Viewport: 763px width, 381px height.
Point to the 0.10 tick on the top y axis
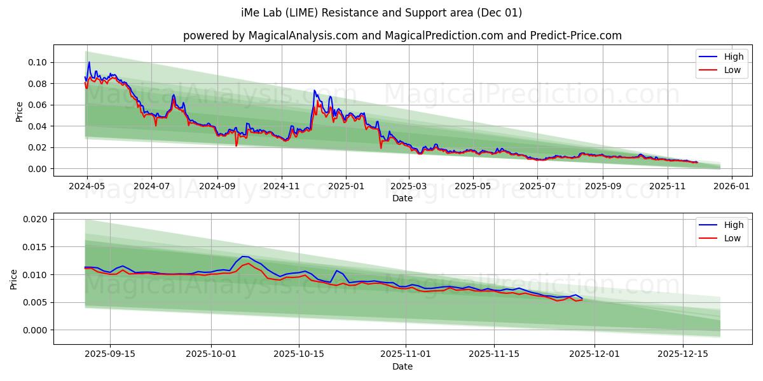coord(38,62)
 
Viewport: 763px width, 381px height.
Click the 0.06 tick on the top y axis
coord(38,105)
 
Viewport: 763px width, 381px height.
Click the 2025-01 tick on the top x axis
coord(346,187)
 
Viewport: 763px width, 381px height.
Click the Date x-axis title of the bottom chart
coord(402,366)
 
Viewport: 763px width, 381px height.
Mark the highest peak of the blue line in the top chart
coord(89,62)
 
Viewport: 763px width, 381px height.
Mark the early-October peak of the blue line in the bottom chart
coord(244,257)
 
